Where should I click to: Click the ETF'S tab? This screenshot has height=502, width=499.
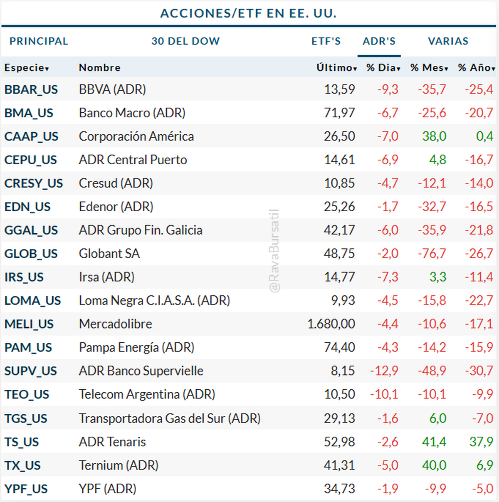[x=326, y=41]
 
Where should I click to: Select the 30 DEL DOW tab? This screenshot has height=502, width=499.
[x=185, y=41]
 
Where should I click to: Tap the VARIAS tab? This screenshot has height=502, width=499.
[x=448, y=41]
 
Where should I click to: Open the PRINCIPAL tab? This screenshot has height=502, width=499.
[x=39, y=41]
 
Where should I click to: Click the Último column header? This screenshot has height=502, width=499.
[x=336, y=67]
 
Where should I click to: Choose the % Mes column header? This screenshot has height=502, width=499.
[x=429, y=67]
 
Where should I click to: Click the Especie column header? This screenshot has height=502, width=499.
[x=27, y=67]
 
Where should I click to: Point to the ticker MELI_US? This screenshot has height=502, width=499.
[x=29, y=324]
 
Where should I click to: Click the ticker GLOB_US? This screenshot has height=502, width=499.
[x=31, y=254]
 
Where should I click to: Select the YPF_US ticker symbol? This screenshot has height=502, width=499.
[x=26, y=489]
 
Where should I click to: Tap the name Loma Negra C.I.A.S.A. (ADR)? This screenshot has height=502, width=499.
[x=154, y=300]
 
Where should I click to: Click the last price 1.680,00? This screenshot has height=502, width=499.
[x=331, y=324]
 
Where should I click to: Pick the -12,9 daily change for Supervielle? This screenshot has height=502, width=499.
[x=384, y=371]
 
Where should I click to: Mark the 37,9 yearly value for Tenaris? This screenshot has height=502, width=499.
[x=481, y=442]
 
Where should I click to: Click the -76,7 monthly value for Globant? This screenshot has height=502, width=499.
[x=432, y=254]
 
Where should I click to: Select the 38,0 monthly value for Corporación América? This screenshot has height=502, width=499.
[x=434, y=136]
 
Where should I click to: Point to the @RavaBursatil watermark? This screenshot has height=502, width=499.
[x=274, y=251]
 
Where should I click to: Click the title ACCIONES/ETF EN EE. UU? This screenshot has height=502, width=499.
[x=249, y=13]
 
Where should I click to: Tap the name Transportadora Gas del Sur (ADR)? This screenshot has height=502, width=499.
[x=170, y=418]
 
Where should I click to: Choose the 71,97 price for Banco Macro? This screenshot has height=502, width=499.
[x=339, y=113]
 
